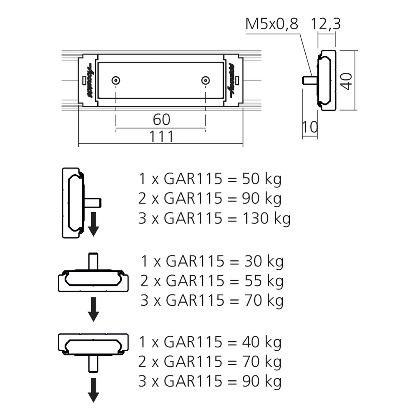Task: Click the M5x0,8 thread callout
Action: coord(271,24)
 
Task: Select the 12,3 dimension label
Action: coord(326,24)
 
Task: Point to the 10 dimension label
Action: coord(309,127)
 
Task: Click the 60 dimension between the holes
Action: coord(161,120)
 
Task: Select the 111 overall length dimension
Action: coord(161,136)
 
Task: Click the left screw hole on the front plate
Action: coord(116,80)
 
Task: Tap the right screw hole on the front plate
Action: coord(205,80)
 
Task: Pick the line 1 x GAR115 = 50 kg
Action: coord(210,179)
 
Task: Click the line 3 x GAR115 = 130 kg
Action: coord(214,218)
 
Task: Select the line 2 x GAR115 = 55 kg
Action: coord(212,281)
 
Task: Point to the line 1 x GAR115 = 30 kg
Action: coord(212,261)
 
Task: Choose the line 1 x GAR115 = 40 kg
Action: coord(210,342)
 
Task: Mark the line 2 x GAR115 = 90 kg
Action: coord(210,198)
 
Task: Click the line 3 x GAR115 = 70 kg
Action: coord(212,300)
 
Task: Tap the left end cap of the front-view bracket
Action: coord(87,80)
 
